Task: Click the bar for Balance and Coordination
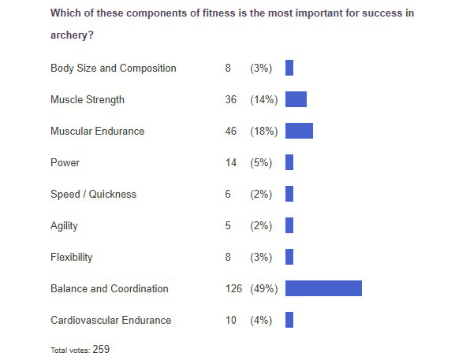click(x=323, y=288)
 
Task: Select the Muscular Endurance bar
click(x=299, y=131)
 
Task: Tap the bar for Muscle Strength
click(x=296, y=99)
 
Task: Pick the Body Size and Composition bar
click(x=289, y=68)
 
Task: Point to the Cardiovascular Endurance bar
click(x=289, y=320)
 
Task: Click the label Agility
click(x=64, y=225)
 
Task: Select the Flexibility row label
click(x=71, y=257)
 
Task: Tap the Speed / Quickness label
click(x=93, y=194)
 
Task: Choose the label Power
click(x=65, y=162)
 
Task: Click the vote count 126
click(x=234, y=288)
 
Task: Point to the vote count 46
click(x=231, y=131)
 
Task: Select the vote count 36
click(x=231, y=99)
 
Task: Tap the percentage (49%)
click(x=263, y=288)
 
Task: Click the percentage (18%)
click(x=263, y=131)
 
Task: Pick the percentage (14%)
click(x=263, y=99)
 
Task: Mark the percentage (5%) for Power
click(x=261, y=162)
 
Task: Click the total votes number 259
click(x=101, y=349)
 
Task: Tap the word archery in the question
click(x=70, y=35)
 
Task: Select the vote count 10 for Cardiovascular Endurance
click(x=231, y=320)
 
